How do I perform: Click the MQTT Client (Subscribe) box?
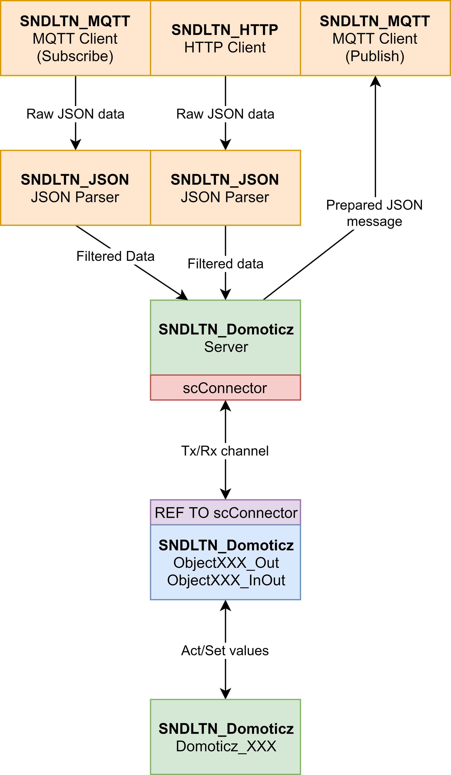[x=75, y=38]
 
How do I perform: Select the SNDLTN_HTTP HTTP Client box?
[x=225, y=38]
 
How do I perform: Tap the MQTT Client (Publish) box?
[x=375, y=38]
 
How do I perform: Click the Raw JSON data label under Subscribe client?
[x=75, y=114]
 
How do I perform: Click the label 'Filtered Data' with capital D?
[x=115, y=256]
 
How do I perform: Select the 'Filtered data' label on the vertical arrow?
[x=225, y=264]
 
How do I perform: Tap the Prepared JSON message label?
[x=375, y=213]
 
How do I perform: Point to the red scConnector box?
[x=225, y=388]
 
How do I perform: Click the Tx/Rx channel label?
[x=225, y=451]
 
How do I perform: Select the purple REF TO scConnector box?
[x=226, y=513]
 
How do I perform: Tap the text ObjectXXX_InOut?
[x=226, y=580]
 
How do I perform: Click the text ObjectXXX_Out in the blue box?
[x=226, y=563]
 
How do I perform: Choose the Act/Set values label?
[x=225, y=650]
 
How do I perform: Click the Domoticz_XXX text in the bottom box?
[x=226, y=746]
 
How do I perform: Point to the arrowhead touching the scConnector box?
[x=225, y=406]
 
